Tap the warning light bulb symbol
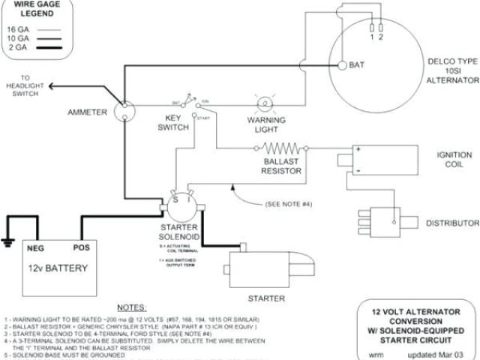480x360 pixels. pos(264,104)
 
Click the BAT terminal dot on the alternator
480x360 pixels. pos(341,65)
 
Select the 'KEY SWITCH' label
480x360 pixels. pos(173,123)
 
